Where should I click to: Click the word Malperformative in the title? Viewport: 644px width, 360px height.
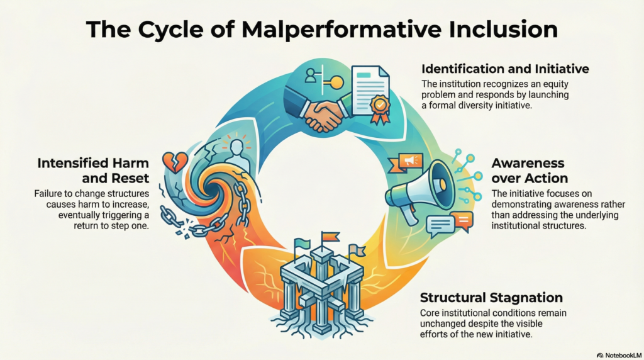[341, 30]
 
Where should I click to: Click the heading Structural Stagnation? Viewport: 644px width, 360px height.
[491, 297]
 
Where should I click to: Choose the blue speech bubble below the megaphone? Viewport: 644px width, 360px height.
[440, 225]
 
